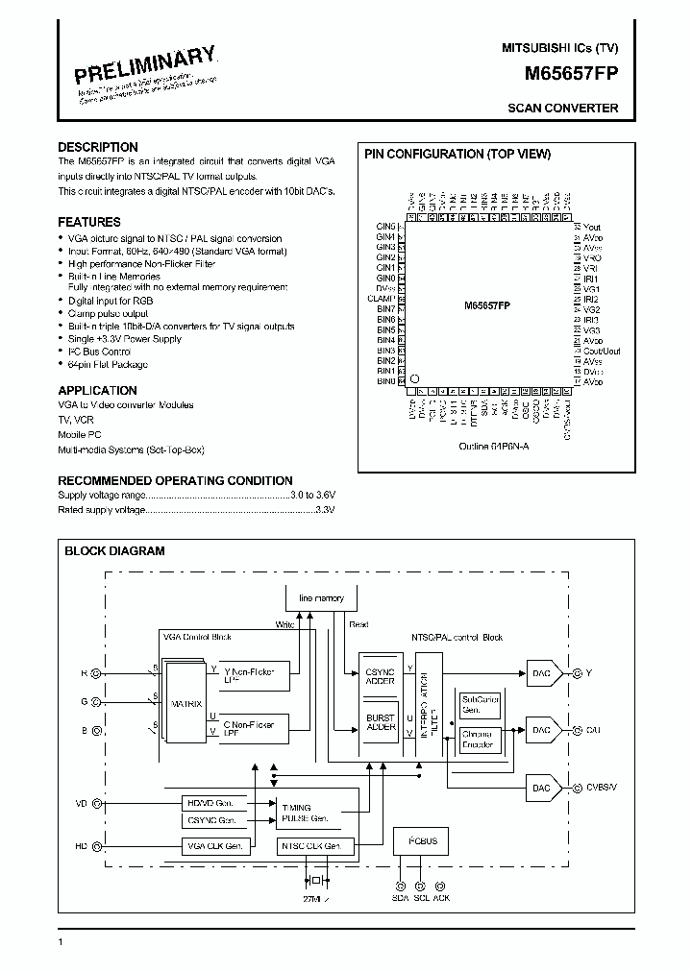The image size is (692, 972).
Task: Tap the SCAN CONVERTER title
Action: [x=562, y=109]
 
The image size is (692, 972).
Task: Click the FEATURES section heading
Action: [x=89, y=222]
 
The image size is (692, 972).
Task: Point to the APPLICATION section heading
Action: [x=97, y=390]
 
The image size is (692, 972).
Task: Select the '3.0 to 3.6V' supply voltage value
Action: [x=312, y=495]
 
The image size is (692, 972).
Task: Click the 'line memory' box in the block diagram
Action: [x=321, y=598]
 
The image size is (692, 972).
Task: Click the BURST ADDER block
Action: [x=381, y=722]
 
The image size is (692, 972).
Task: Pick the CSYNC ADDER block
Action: [x=381, y=676]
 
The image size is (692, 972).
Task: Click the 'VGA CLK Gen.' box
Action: [x=215, y=846]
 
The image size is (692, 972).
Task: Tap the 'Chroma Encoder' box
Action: [x=477, y=740]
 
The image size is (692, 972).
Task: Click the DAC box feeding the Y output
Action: [x=541, y=673]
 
